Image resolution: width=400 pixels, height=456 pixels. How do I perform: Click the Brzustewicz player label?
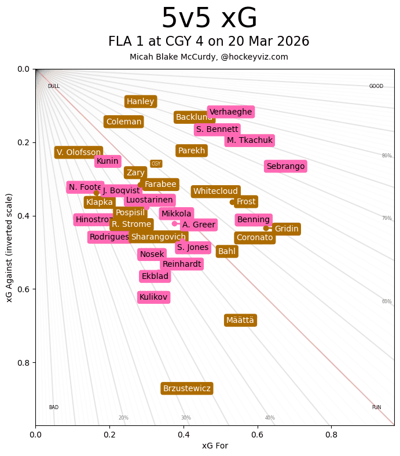(x=186, y=388)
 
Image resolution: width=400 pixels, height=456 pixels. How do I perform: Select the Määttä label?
(x=240, y=320)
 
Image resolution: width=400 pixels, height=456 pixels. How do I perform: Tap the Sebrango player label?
(x=285, y=166)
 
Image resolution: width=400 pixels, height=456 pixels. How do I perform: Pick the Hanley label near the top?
(x=141, y=101)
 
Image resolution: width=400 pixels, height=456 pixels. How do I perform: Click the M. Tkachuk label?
(x=249, y=140)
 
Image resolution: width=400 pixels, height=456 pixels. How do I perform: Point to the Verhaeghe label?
(x=231, y=112)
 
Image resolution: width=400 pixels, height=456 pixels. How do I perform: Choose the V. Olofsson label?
(x=79, y=152)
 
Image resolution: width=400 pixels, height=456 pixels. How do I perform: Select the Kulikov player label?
(x=153, y=297)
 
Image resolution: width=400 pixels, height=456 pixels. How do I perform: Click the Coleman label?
(x=123, y=122)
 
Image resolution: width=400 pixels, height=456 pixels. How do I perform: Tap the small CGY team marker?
(x=156, y=164)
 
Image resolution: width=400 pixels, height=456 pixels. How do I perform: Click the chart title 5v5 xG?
(x=209, y=19)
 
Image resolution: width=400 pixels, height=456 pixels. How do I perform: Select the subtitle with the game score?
(x=209, y=42)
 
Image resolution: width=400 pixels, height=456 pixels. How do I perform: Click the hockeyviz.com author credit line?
(x=209, y=57)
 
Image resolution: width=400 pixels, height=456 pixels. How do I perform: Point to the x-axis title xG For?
(x=215, y=446)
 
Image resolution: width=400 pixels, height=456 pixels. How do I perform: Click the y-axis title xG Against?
(x=9, y=247)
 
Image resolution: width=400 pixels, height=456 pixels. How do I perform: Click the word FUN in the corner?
(x=376, y=407)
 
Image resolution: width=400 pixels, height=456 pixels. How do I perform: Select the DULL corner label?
(x=54, y=86)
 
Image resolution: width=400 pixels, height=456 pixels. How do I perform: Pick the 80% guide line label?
(x=387, y=156)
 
